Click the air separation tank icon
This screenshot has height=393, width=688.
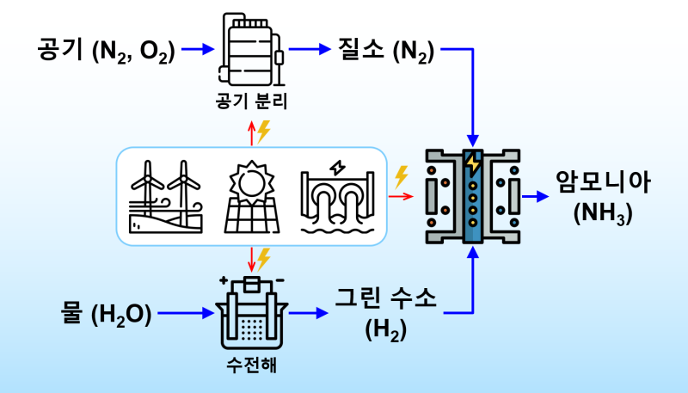[251, 49]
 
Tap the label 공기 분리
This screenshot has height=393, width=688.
[251, 101]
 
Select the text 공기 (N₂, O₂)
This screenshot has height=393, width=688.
[106, 51]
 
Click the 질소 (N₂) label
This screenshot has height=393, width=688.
[386, 51]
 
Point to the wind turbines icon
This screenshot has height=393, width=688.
[166, 196]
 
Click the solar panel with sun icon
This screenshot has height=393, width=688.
[252, 196]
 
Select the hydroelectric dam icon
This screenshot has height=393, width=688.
[337, 198]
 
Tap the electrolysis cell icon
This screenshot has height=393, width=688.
[251, 312]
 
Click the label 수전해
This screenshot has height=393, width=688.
[252, 365]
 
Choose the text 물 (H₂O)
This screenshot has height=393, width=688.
[106, 314]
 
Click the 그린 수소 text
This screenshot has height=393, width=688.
[386, 298]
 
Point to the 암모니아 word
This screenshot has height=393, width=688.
[604, 182]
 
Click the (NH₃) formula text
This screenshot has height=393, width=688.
[604, 213]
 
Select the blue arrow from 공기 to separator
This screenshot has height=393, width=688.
[198, 49]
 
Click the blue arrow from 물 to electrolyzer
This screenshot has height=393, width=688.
[186, 313]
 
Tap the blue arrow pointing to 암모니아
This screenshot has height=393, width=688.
[535, 196]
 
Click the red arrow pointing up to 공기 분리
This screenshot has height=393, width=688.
[251, 133]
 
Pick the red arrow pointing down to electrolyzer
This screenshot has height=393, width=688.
[251, 260]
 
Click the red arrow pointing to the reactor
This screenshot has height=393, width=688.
[401, 196]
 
